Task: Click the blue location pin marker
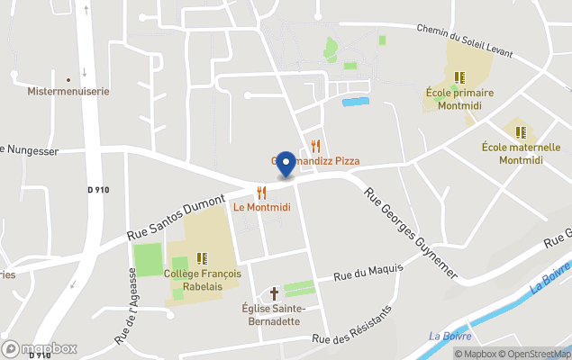tap(286, 163)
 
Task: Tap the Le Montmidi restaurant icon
tap(261, 192)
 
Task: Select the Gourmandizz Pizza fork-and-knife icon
tap(315, 146)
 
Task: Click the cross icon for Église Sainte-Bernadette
tap(275, 293)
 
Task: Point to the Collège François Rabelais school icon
tap(202, 258)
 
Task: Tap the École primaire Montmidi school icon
tap(459, 77)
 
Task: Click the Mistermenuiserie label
tap(68, 92)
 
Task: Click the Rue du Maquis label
tap(368, 271)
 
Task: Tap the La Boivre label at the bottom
tap(446, 337)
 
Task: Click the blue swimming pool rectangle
tap(356, 102)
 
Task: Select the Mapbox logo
tap(40, 348)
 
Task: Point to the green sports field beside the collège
tap(147, 259)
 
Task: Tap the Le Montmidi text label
tap(262, 207)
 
